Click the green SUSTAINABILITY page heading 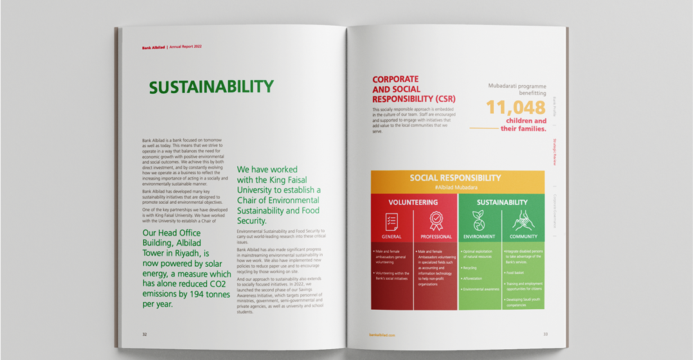(x=211, y=87)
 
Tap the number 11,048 (x=516, y=107)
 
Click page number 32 (x=145, y=334)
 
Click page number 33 (x=545, y=334)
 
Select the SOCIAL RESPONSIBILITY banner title (x=455, y=178)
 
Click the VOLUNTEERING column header (x=413, y=202)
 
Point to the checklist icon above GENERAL (x=392, y=222)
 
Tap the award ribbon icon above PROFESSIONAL (x=436, y=221)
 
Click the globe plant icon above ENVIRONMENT (x=479, y=221)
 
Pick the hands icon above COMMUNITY (x=523, y=221)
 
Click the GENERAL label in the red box (x=392, y=237)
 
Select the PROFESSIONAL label (x=436, y=237)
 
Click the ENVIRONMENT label (x=479, y=237)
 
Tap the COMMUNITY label (x=523, y=237)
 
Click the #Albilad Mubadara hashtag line (x=455, y=187)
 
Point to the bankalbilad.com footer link (x=382, y=335)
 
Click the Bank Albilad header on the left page (x=153, y=47)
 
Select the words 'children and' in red (x=526, y=121)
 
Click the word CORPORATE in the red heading (x=395, y=80)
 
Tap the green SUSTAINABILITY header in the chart (x=501, y=202)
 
